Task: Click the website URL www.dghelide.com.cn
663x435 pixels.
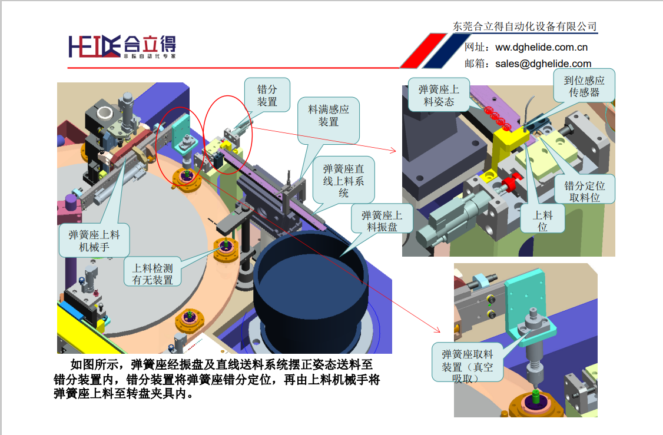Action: pos(541,47)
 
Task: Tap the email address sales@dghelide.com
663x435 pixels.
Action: pos(543,64)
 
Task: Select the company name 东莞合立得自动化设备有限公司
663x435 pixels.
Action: pos(525,26)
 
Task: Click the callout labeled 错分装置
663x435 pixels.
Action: pos(267,95)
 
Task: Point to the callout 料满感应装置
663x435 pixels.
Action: pos(329,115)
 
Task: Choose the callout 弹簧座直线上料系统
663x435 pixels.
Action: pos(343,181)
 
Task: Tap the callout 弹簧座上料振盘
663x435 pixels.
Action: pos(382,221)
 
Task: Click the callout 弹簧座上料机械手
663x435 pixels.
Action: pos(94,241)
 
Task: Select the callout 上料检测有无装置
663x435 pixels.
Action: pos(153,274)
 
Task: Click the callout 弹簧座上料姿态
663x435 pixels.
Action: pos(439,95)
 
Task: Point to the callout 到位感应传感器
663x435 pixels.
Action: pos(584,86)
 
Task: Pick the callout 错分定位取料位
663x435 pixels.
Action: pos(584,191)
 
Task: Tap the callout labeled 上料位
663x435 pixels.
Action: pos(542,221)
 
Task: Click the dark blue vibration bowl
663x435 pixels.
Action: pos(311,292)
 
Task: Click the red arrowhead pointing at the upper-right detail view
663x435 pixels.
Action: pos(393,150)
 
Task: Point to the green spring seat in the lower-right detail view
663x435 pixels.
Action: pos(536,397)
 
